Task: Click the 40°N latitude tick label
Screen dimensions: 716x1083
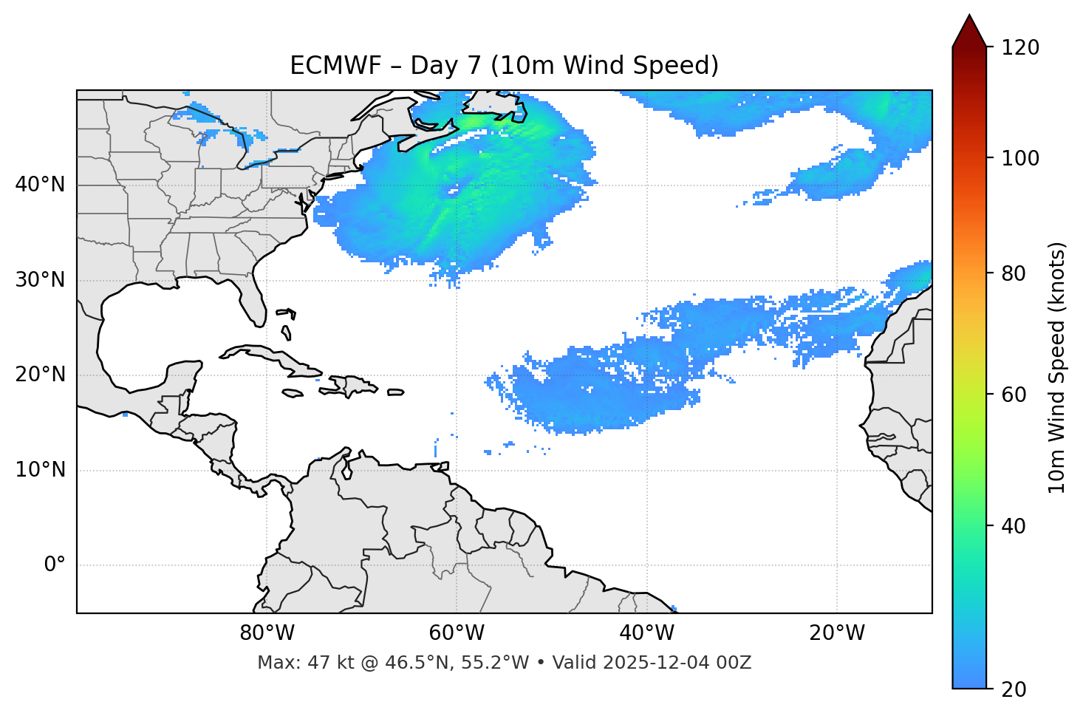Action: pyautogui.click(x=40, y=185)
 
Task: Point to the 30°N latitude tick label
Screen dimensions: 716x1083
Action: pyautogui.click(x=40, y=280)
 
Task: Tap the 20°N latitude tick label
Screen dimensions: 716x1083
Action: pyautogui.click(x=40, y=375)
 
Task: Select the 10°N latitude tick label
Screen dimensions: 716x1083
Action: pyautogui.click(x=40, y=470)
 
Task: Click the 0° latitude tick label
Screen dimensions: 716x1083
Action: pyautogui.click(x=55, y=565)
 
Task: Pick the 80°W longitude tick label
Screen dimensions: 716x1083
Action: pyautogui.click(x=267, y=633)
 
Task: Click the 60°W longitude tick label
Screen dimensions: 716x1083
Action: pyautogui.click(x=457, y=633)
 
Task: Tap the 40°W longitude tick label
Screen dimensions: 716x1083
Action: pyautogui.click(x=646, y=633)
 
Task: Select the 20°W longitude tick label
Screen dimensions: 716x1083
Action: pyautogui.click(x=837, y=633)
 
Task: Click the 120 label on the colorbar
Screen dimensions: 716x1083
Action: pyautogui.click(x=1021, y=48)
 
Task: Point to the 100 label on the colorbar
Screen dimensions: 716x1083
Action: pyautogui.click(x=1021, y=158)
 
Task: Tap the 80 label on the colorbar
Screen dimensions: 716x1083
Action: pyautogui.click(x=1015, y=273)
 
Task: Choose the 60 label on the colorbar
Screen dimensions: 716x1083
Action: pyautogui.click(x=1015, y=395)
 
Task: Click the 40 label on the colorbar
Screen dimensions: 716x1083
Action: pyautogui.click(x=1015, y=526)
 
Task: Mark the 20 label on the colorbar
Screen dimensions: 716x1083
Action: pyautogui.click(x=1015, y=689)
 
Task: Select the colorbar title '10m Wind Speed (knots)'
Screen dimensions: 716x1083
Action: pyautogui.click(x=1057, y=367)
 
